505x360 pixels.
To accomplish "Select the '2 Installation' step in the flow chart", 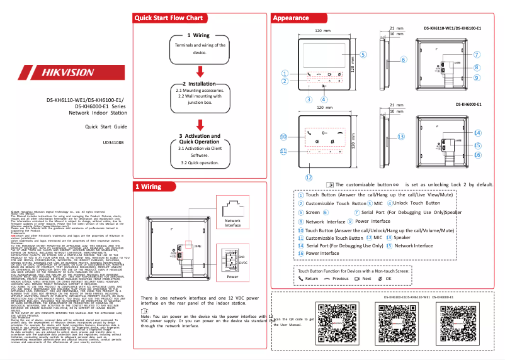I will click(x=200, y=83).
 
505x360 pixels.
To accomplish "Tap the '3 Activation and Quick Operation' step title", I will click(x=200, y=139).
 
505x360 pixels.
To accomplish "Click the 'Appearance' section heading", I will click(x=291, y=18).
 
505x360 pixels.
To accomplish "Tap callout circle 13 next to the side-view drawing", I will click(x=400, y=136).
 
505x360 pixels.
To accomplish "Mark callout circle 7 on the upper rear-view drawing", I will click(x=477, y=55).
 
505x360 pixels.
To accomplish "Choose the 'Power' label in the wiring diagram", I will click(x=232, y=277).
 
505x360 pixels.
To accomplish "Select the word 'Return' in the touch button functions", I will click(x=312, y=278).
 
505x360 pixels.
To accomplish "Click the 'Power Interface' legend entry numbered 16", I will click(x=322, y=253).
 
